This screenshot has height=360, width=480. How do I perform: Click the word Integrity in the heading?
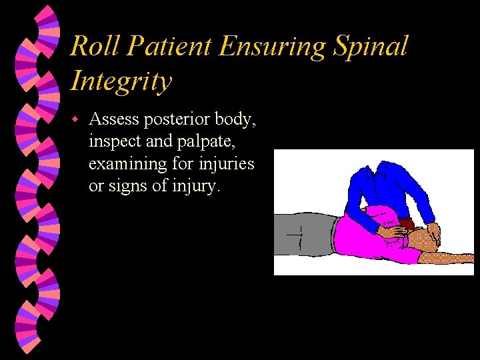(121, 81)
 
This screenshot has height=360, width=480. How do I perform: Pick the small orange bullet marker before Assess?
(76, 119)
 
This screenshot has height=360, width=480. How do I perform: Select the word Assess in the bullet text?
(113, 119)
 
